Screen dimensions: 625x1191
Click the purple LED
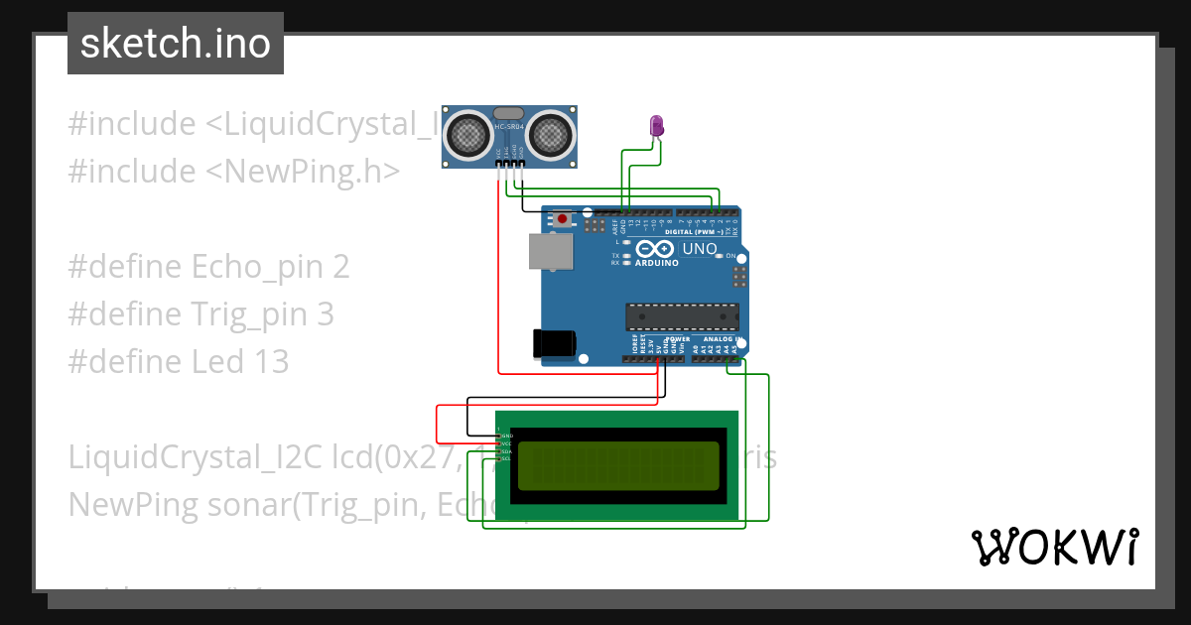tap(657, 125)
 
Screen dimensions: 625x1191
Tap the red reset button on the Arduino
tap(563, 218)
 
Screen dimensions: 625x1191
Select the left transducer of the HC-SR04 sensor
tap(465, 133)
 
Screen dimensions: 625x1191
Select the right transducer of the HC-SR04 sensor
tap(551, 133)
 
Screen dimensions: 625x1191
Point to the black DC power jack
tap(554, 342)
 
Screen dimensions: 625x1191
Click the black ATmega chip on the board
tap(682, 316)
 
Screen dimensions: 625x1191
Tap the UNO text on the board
tap(700, 249)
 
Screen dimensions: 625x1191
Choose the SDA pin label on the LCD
tap(505, 451)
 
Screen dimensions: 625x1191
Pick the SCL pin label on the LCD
tap(505, 459)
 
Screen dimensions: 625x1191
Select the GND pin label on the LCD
tap(505, 436)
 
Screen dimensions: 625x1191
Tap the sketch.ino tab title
tap(176, 44)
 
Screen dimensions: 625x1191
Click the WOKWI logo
tap(1054, 547)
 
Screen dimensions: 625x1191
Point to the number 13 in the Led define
tap(270, 362)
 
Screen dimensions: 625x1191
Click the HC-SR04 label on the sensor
tap(508, 127)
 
